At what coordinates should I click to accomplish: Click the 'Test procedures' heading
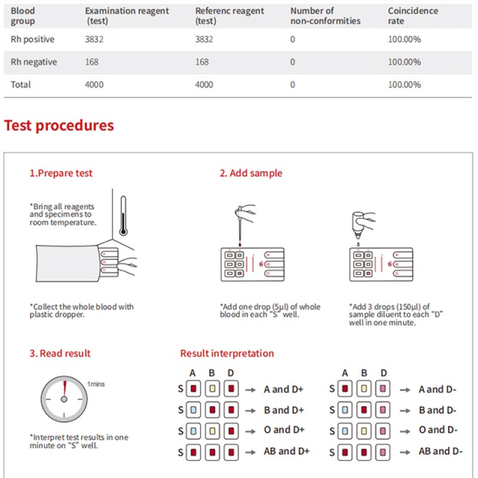[x=59, y=125]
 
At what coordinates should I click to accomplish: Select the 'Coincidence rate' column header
[x=412, y=16]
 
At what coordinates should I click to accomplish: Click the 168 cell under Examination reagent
[x=91, y=62]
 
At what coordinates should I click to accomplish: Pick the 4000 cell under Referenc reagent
[x=204, y=84]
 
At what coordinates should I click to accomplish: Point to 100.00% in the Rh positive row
[x=404, y=39]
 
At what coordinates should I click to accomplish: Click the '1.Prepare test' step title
[x=61, y=173]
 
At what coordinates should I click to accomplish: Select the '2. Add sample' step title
[x=250, y=173]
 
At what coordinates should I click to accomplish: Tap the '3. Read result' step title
[x=60, y=353]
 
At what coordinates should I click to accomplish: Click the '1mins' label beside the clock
[x=96, y=384]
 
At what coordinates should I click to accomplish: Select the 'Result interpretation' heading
[x=227, y=353]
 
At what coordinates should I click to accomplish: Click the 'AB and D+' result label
[x=287, y=451]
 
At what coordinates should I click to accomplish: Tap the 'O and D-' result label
[x=438, y=430]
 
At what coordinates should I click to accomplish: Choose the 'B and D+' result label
[x=284, y=410]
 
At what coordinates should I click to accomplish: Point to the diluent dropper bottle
[x=360, y=223]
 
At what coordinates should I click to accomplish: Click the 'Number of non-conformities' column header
[x=325, y=16]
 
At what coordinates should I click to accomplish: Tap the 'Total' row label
[x=21, y=84]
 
